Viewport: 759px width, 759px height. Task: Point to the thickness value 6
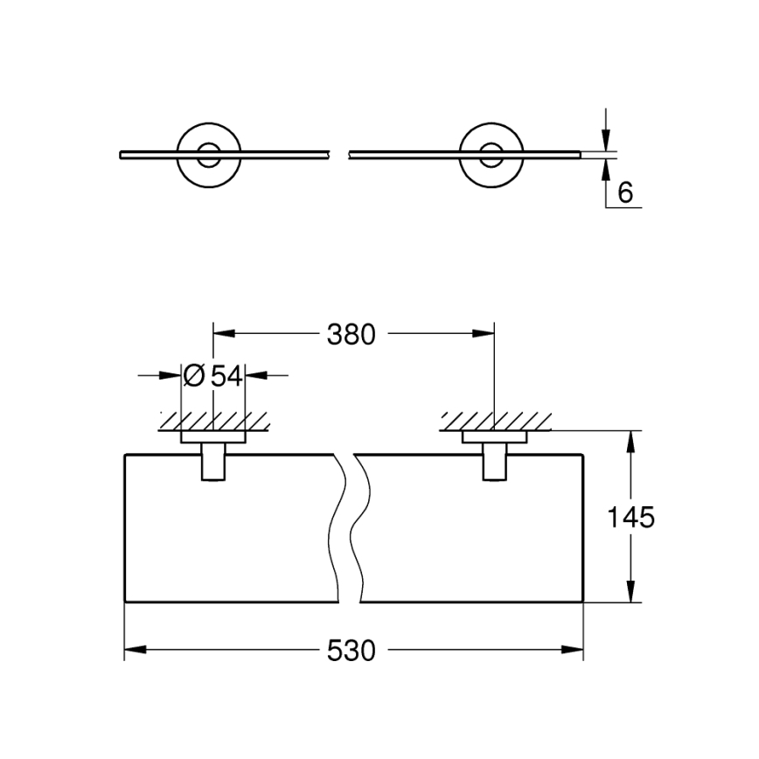tap(624, 192)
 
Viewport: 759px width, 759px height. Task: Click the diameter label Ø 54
tap(212, 376)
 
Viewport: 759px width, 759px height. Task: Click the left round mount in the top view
tap(206, 156)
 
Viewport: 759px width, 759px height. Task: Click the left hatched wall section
tap(212, 421)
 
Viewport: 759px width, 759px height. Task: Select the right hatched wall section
tap(495, 421)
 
